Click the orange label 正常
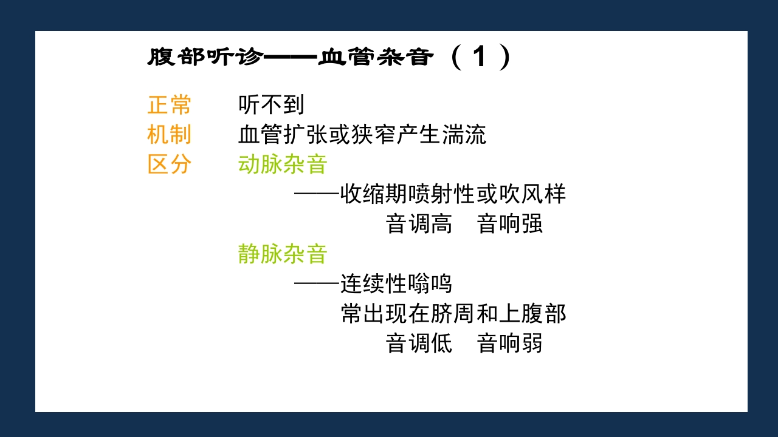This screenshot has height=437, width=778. tap(169, 106)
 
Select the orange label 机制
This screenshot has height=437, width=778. tap(169, 135)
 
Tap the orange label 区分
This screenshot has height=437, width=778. tap(169, 164)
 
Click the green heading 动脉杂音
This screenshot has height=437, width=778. tap(283, 164)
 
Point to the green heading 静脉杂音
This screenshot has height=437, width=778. tap(283, 254)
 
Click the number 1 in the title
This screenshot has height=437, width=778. tap(480, 58)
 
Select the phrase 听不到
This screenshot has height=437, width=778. tap(271, 106)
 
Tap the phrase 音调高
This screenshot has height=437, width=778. tap(419, 224)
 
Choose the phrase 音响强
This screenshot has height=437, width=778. tap(510, 224)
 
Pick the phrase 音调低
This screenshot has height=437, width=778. tap(419, 344)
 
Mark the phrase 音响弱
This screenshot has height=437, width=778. tap(510, 344)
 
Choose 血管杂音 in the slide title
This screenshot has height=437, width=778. tap(376, 58)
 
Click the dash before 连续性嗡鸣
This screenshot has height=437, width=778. tap(317, 283)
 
